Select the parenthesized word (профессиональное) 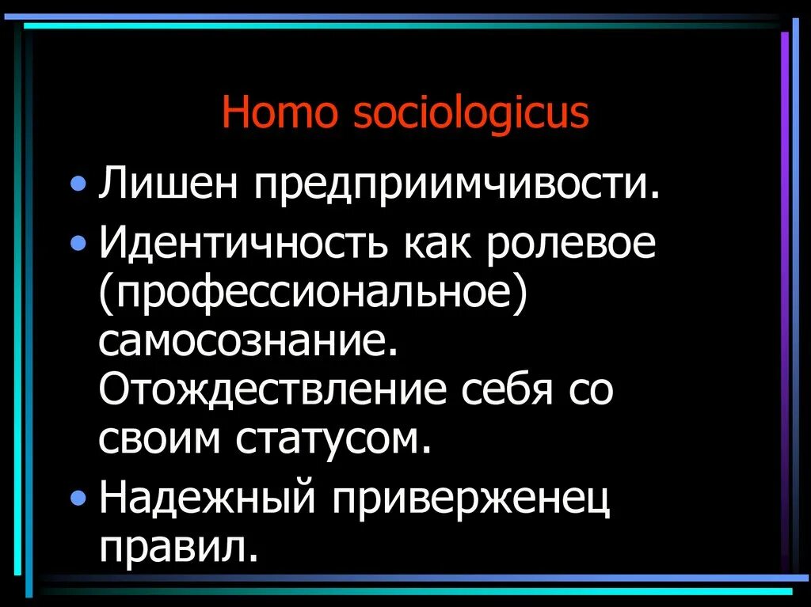click(x=314, y=294)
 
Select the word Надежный click(x=208, y=499)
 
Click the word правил click(x=179, y=548)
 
